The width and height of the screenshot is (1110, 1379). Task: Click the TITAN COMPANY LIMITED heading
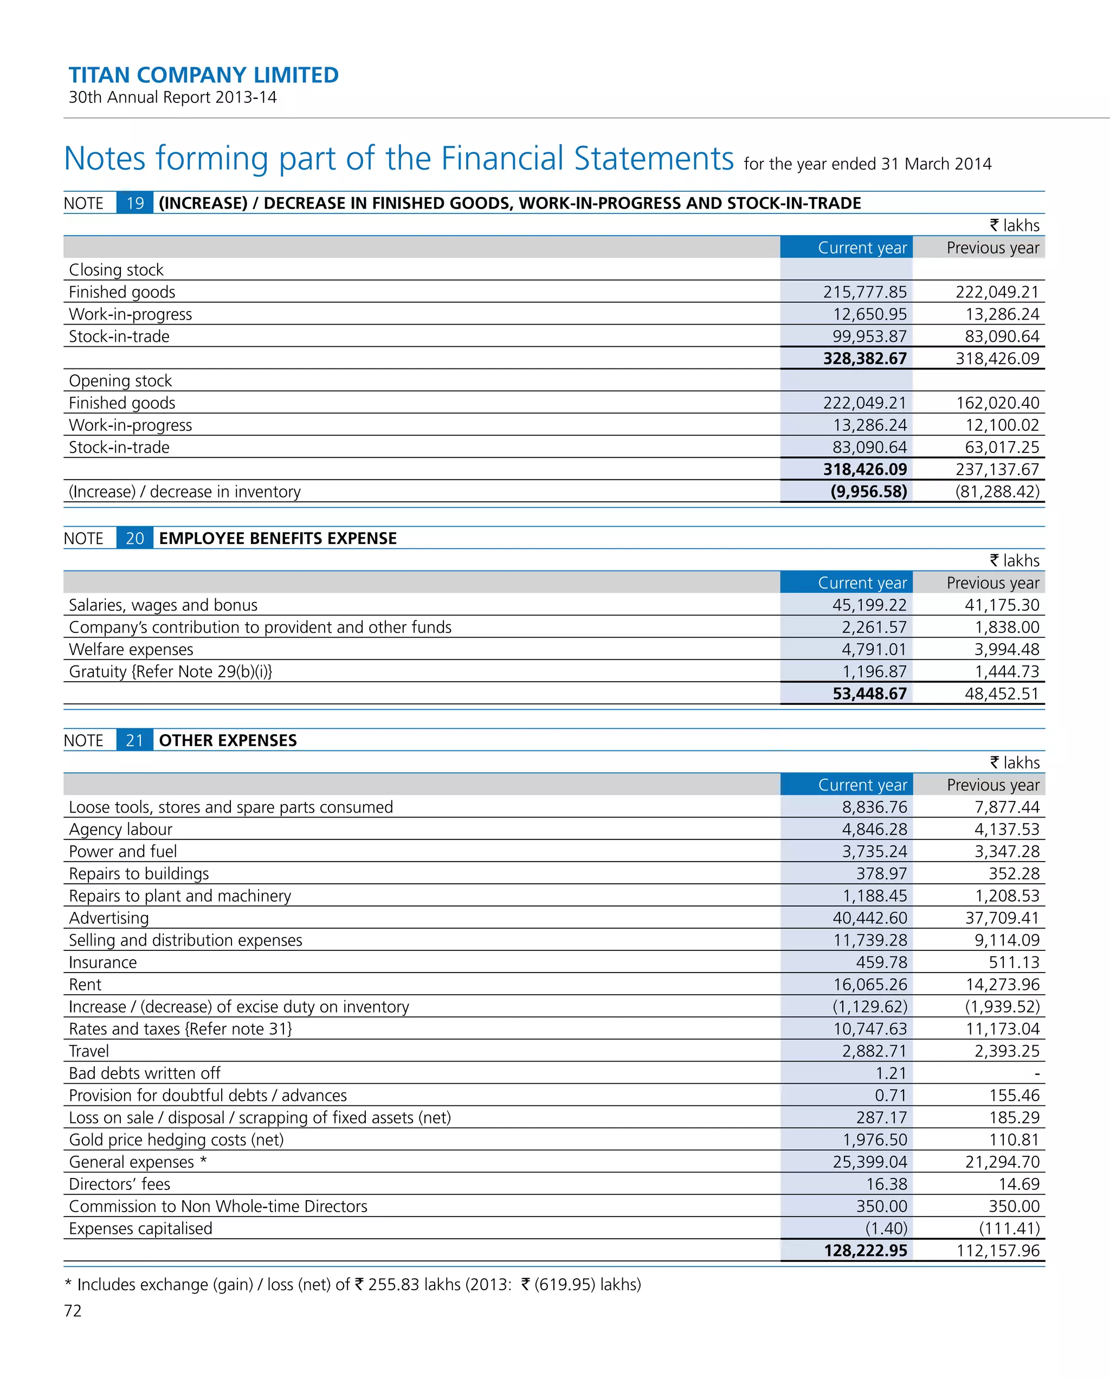click(203, 75)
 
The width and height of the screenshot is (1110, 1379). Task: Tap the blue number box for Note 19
click(134, 203)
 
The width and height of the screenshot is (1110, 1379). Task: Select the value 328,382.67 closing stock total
click(864, 358)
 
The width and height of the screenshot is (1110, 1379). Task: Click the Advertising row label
click(109, 918)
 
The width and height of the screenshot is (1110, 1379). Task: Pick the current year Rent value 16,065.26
click(869, 985)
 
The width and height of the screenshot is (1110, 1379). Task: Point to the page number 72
click(73, 1311)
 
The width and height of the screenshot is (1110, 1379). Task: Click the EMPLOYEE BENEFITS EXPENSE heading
click(277, 538)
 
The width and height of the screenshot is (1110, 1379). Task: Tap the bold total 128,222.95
click(865, 1251)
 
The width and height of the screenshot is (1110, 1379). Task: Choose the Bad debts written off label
click(145, 1073)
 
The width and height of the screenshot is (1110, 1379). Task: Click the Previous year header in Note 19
click(992, 248)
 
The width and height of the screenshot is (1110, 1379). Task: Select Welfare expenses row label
click(131, 649)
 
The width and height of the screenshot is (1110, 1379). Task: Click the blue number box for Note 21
click(134, 740)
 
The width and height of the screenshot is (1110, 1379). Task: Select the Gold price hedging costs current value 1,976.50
click(875, 1140)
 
